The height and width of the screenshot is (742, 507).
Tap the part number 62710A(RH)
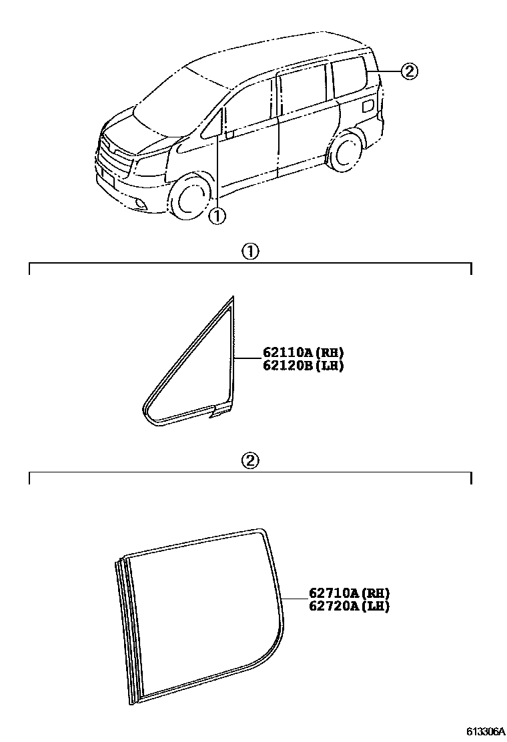[x=349, y=593]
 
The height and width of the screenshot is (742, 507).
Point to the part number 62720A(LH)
[x=349, y=606]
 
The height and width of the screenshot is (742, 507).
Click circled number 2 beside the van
[x=409, y=71]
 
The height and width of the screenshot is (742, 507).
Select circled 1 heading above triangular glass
[x=249, y=252]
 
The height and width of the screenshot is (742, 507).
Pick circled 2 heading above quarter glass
[x=249, y=460]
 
